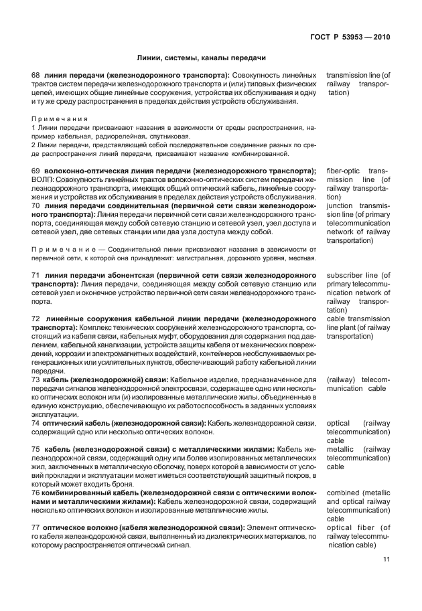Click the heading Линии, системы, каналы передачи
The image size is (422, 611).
(x=202, y=58)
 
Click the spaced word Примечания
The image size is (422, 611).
(x=56, y=118)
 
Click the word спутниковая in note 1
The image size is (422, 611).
(x=172, y=135)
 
